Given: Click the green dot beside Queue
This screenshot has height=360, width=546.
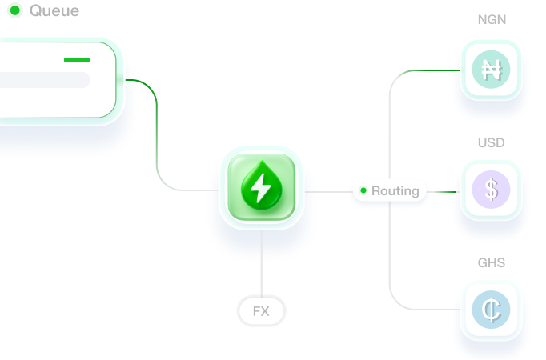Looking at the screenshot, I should coord(14,11).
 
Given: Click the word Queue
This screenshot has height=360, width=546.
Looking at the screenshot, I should coord(54,11).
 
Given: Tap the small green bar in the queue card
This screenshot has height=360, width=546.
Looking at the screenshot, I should coord(77,59).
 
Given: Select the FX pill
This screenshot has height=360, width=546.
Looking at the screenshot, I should coord(261,311).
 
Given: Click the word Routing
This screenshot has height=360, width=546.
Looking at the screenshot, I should coord(395,191).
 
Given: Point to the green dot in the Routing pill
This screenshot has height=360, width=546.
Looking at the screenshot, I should coord(363,191).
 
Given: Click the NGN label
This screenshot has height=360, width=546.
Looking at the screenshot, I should coord(491,19).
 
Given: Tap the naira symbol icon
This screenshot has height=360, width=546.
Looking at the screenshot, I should coord(491,70).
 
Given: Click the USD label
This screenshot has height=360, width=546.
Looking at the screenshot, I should coord(491,143).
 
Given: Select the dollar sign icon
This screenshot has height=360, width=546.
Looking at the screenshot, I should coord(491,190).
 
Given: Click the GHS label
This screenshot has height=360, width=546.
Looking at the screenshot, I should coord(491,263).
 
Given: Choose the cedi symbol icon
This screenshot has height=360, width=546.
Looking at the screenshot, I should coord(491,310).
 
